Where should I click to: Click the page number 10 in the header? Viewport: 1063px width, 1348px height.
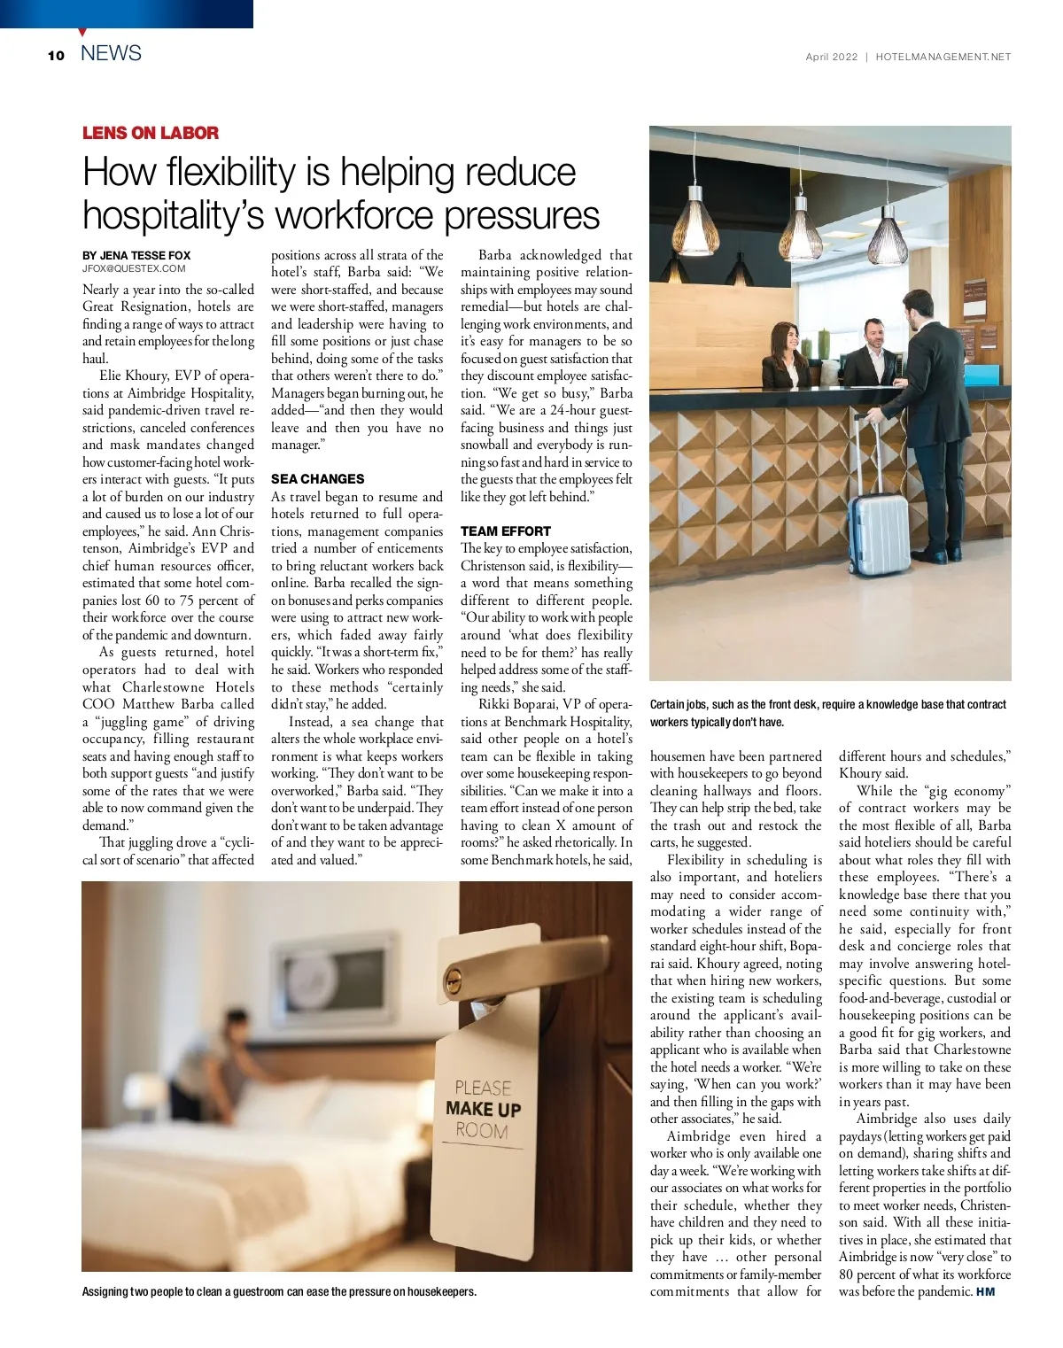pyautogui.click(x=57, y=55)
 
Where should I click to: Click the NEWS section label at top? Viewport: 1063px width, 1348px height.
pyautogui.click(x=111, y=53)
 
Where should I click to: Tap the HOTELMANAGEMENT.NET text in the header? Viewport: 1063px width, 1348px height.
pyautogui.click(x=943, y=57)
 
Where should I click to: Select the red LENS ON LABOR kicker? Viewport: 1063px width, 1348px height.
pyautogui.click(x=151, y=133)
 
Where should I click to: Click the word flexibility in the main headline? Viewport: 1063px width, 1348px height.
pyautogui.click(x=225, y=172)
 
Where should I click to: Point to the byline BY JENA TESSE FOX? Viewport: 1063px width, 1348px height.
pyautogui.click(x=136, y=255)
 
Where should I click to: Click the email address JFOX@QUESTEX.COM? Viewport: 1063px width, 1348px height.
pyautogui.click(x=134, y=268)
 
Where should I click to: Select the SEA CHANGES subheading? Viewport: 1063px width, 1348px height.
pyautogui.click(x=317, y=478)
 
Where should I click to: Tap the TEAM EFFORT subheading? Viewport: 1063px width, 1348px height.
pyautogui.click(x=505, y=531)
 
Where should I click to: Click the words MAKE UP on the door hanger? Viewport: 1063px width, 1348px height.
pyautogui.click(x=483, y=1109)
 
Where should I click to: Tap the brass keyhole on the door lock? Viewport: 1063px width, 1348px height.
pyautogui.click(x=453, y=979)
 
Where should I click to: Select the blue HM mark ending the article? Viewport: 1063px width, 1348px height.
pyautogui.click(x=986, y=1291)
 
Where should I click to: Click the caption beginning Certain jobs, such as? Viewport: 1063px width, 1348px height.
pyautogui.click(x=827, y=713)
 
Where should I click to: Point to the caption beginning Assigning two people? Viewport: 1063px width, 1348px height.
pyautogui.click(x=279, y=1291)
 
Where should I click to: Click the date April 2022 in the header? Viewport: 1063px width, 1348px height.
pyautogui.click(x=831, y=57)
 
